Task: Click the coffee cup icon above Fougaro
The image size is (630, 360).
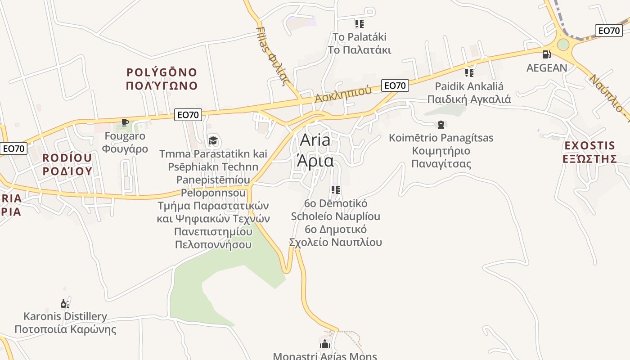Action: (125, 122)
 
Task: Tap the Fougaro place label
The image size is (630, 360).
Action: (125, 142)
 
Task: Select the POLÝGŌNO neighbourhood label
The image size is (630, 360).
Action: (162, 79)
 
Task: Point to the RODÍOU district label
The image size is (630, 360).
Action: (67, 164)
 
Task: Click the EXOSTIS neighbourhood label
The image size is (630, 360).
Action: (589, 152)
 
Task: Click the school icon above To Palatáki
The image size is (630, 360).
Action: (359, 23)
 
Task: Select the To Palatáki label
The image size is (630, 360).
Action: (359, 43)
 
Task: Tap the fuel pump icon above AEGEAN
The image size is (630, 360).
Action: (546, 54)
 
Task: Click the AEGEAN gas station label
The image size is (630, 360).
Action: (547, 68)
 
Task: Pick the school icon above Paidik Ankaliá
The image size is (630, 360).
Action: (469, 72)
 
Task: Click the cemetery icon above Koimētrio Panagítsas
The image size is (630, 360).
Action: (441, 125)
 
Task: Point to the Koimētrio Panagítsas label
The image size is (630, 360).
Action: (441, 150)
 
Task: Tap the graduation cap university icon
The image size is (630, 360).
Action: (213, 141)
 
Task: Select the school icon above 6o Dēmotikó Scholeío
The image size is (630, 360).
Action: (335, 190)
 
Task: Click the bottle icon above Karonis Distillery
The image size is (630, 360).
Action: (65, 304)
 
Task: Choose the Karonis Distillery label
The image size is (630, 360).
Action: (65, 323)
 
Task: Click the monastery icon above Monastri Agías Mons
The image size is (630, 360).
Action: (325, 344)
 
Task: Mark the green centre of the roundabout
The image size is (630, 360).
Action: (563, 44)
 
